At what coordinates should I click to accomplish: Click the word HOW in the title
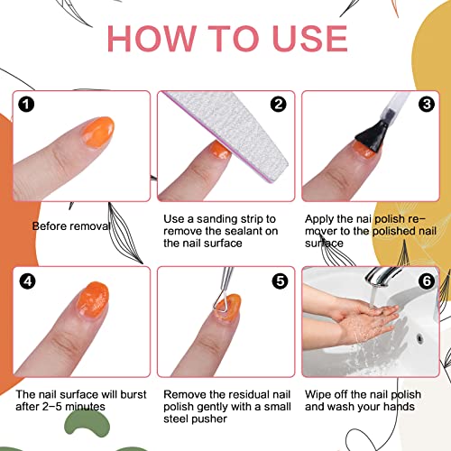[x=156, y=38]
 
